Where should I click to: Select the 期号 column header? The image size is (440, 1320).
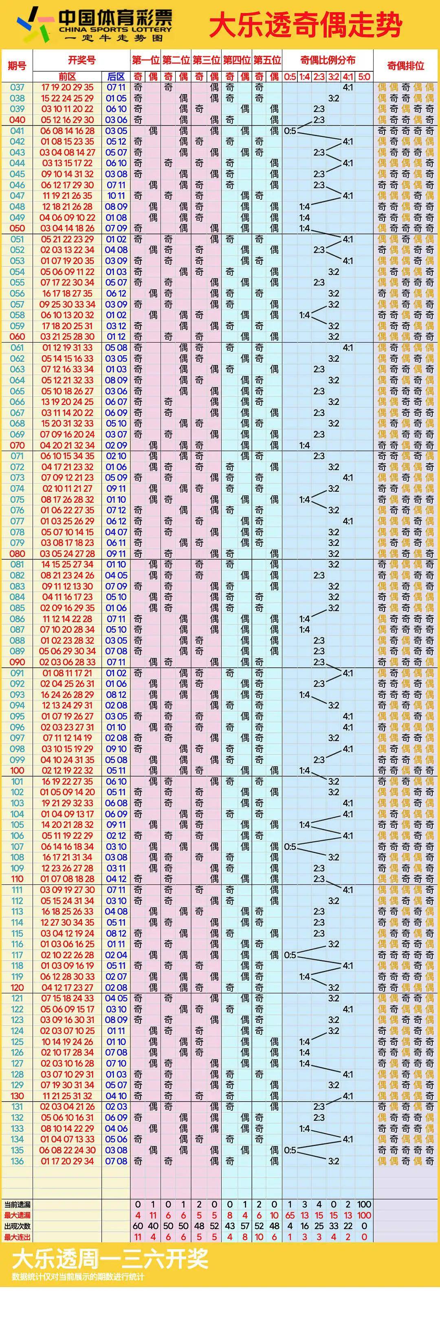pos(17,66)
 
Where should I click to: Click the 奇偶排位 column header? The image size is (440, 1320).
pos(405,66)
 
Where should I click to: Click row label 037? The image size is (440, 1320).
pos(17,87)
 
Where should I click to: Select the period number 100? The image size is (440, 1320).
pos(17,770)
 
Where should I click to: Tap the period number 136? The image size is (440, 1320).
pos(17,1161)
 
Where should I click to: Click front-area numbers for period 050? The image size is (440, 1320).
pos(68,228)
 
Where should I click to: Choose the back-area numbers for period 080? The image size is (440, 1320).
pos(116,553)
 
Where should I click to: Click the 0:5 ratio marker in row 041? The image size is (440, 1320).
pos(290,131)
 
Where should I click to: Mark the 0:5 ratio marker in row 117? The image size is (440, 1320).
pos(290,955)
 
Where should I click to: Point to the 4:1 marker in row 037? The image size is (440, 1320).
pos(348,87)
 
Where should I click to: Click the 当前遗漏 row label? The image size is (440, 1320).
pos(18,1204)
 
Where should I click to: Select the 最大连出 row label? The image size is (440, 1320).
pos(18,1237)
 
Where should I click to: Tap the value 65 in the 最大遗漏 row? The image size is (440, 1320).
pos(290,1215)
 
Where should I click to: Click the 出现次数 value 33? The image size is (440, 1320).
pos(333,1226)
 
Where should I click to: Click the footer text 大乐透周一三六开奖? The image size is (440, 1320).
pos(110,1259)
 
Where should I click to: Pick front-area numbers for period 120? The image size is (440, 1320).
pos(68,987)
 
